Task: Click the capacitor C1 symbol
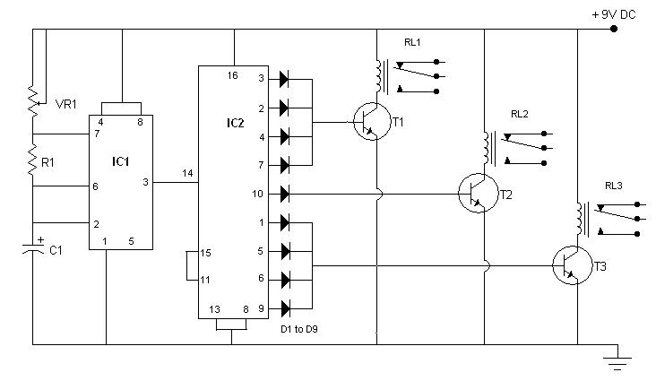pos(33,250)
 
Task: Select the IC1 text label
pos(122,161)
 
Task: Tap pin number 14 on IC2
pos(187,172)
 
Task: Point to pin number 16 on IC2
pos(234,75)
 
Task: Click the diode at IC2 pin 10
pos(285,193)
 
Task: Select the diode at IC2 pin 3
pos(285,79)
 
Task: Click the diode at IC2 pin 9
pos(285,308)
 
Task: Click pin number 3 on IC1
pos(145,182)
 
